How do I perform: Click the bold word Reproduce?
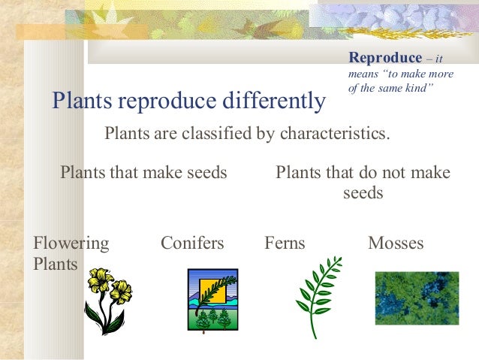(385, 58)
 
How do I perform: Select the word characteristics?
(335, 133)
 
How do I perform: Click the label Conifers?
(192, 243)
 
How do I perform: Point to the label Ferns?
(285, 243)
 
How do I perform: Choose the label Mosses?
(396, 243)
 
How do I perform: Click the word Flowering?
(71, 244)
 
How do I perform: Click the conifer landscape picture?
(213, 300)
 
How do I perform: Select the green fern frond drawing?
(318, 298)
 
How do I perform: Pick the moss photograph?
(417, 298)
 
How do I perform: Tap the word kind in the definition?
(418, 88)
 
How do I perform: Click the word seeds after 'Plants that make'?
(207, 172)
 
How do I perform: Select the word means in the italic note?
(363, 74)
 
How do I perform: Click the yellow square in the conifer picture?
(212, 291)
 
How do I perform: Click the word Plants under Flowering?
(56, 264)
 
